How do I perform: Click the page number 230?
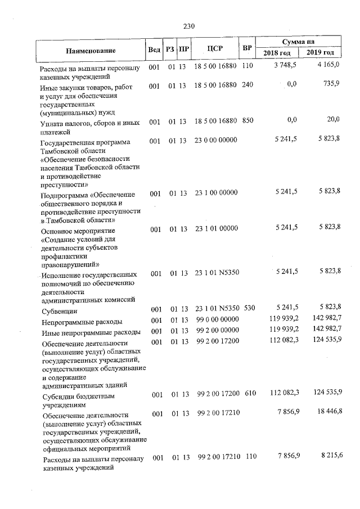pos(188,25)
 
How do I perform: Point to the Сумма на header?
pos(298,42)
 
